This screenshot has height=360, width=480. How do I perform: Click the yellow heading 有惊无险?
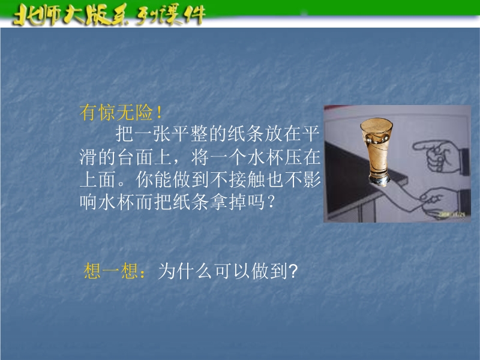[116, 112]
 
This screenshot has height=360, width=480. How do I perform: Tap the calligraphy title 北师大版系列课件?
[109, 14]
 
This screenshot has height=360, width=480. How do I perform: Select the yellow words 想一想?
[111, 271]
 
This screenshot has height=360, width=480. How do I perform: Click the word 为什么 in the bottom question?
[185, 271]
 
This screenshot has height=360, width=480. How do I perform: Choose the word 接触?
[247, 179]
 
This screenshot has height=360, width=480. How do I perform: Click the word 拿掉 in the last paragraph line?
[229, 202]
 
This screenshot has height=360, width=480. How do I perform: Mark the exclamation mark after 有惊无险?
[158, 112]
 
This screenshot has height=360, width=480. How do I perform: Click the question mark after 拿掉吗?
[271, 202]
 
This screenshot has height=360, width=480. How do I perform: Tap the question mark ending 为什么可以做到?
[293, 271]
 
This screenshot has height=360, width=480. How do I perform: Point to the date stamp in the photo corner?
[452, 215]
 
